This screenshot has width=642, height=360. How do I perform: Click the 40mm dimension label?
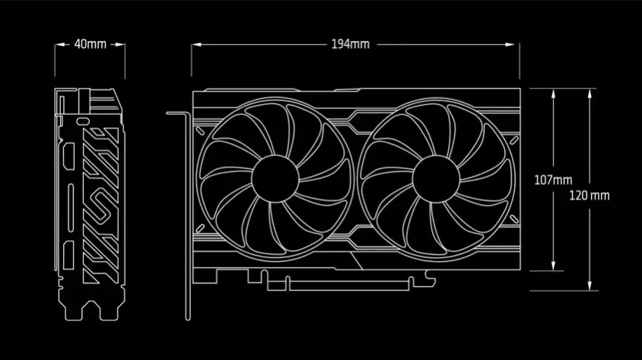click(91, 44)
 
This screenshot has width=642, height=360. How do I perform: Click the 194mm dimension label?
click(351, 44)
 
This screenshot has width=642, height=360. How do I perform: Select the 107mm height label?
click(553, 180)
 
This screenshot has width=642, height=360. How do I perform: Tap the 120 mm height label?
click(590, 196)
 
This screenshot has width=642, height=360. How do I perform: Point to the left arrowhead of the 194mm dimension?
click(194, 44)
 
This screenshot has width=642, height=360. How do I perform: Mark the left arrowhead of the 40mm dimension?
click(58, 44)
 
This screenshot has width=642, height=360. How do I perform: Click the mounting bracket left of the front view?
click(183, 213)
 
